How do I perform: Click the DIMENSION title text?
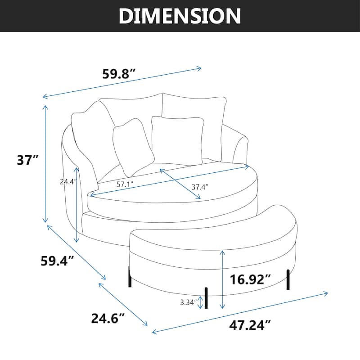(x=180, y=16)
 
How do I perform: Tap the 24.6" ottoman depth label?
(x=108, y=319)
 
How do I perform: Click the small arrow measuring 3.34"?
(x=200, y=303)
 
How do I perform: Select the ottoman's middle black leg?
(x=207, y=298)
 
